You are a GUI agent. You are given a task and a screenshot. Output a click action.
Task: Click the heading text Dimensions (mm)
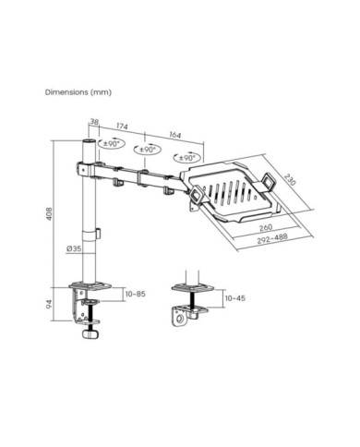(x=78, y=92)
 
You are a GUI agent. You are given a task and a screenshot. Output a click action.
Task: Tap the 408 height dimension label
(x=49, y=213)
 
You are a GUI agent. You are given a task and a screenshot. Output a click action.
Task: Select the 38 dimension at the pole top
(x=94, y=122)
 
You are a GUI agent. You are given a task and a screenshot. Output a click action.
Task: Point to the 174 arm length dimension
(x=122, y=127)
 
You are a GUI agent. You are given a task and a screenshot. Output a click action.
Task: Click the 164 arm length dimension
(x=175, y=135)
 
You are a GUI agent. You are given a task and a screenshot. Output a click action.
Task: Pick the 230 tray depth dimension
(x=289, y=180)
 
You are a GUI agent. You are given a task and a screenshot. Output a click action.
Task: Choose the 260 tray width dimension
(x=266, y=227)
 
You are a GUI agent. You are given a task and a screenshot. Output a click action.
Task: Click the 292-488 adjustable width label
(x=272, y=238)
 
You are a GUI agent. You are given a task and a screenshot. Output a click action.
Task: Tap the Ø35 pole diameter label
(x=74, y=248)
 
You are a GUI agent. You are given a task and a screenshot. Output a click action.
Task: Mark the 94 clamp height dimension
(x=49, y=304)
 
